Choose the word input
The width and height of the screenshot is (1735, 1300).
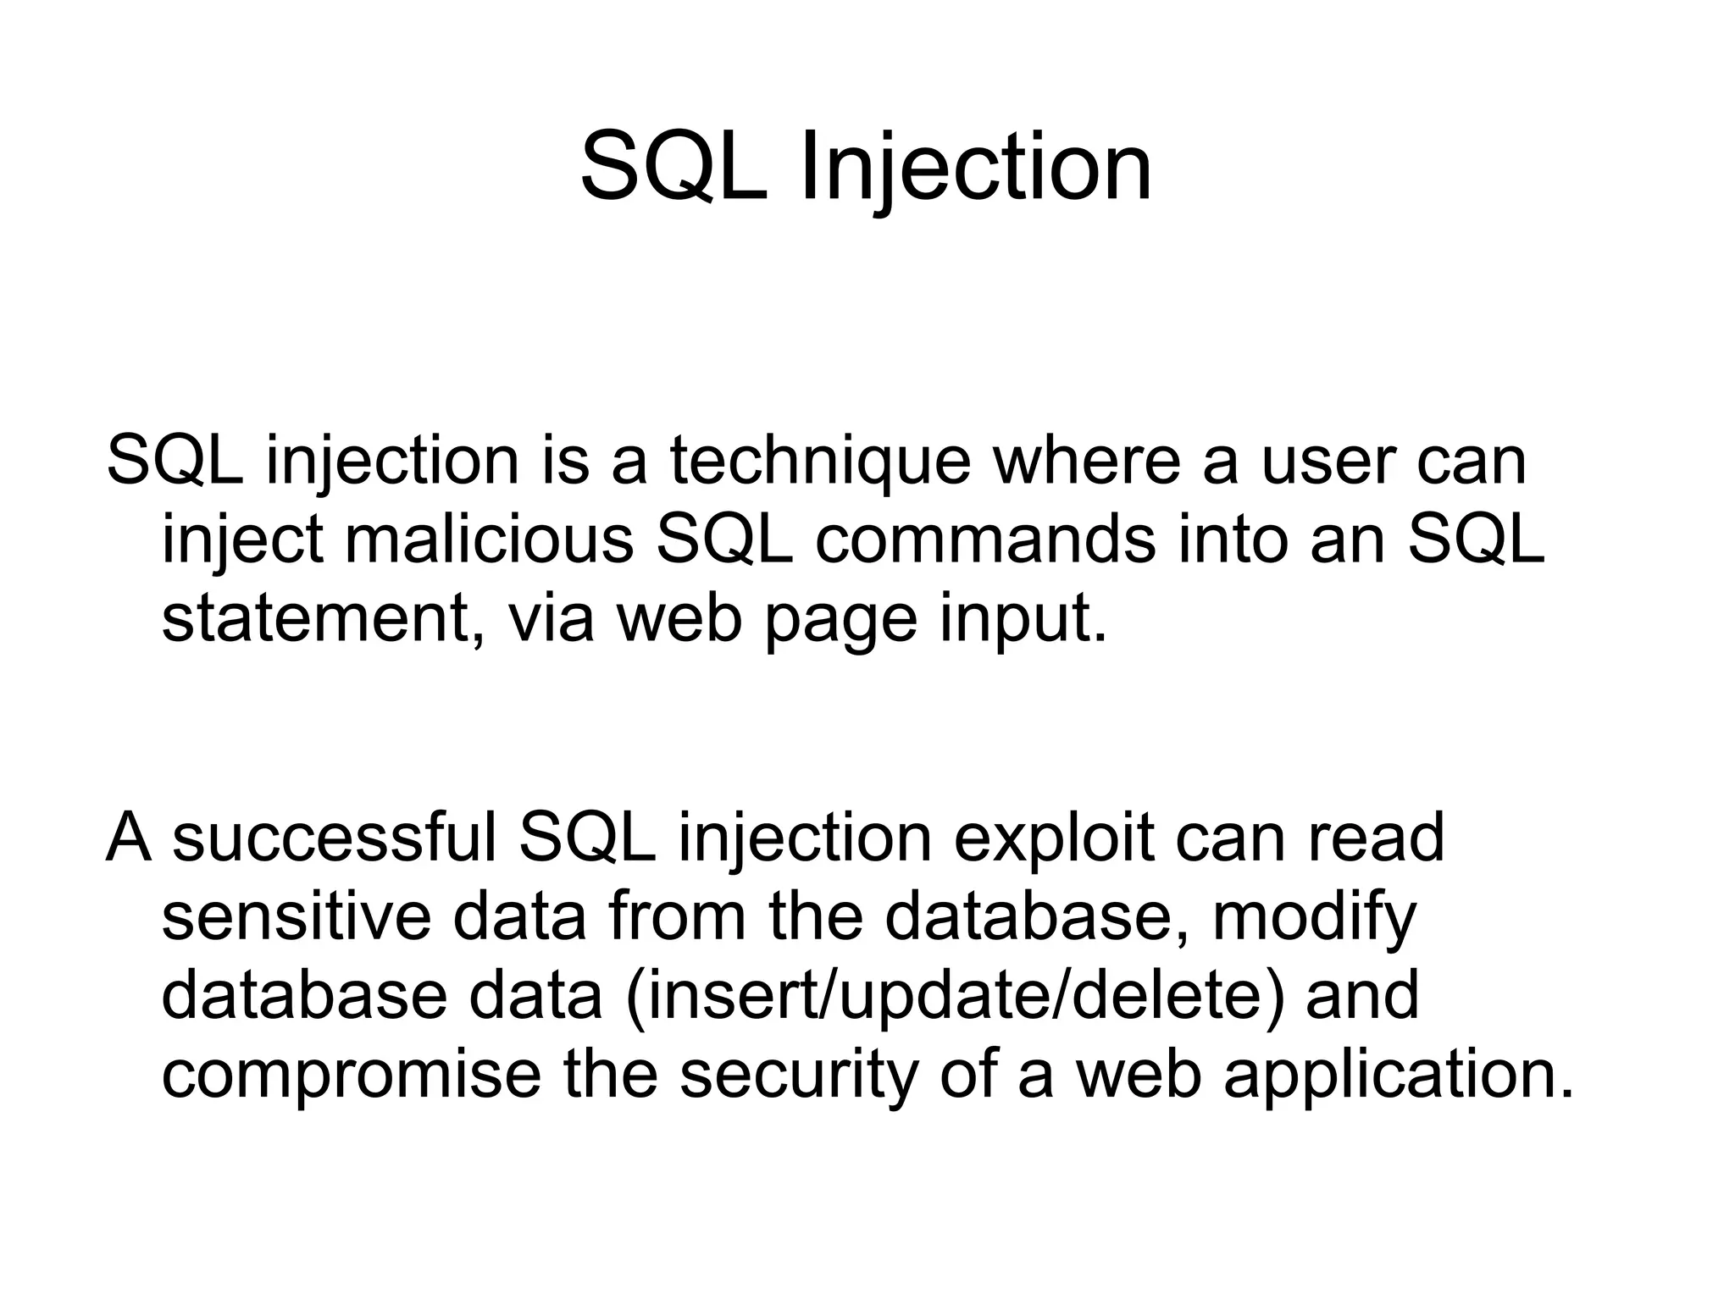pyautogui.click(x=1023, y=620)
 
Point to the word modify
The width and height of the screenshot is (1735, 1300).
pyautogui.click(x=1314, y=919)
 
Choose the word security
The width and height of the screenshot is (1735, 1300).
pyautogui.click(x=798, y=1076)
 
